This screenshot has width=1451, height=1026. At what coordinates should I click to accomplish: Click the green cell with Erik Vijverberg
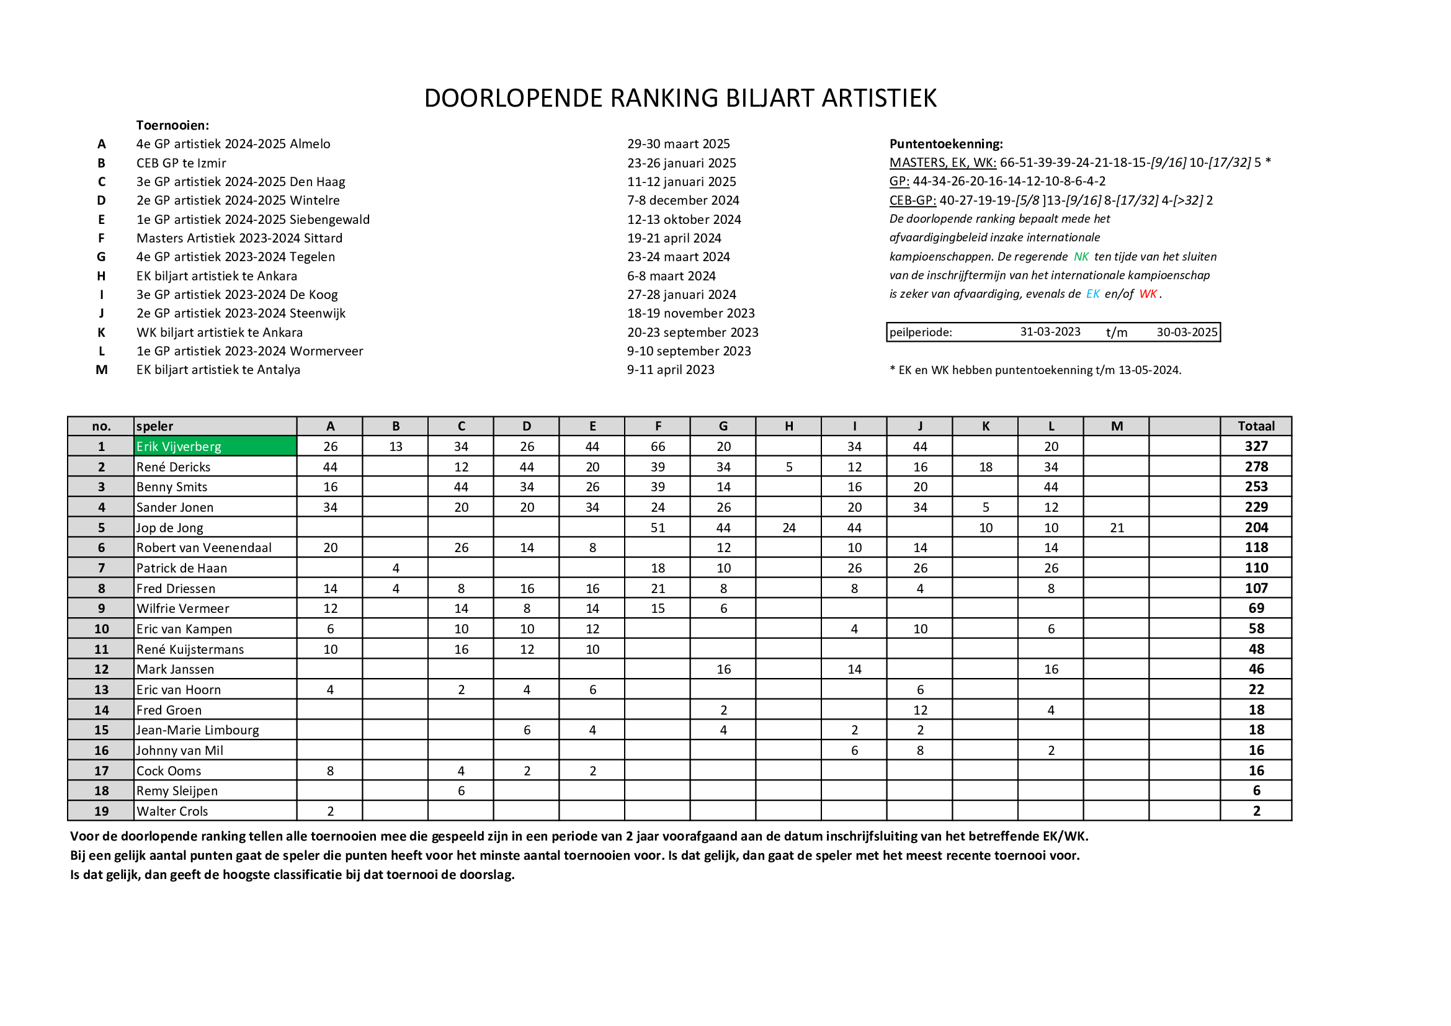(x=215, y=446)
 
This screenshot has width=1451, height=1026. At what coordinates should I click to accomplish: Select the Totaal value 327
(x=1256, y=446)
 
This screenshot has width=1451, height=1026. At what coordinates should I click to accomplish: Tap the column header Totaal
(x=1256, y=426)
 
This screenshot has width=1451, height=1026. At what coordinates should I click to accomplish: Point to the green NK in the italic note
(x=1081, y=257)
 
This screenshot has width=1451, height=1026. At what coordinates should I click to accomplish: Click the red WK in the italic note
(x=1148, y=294)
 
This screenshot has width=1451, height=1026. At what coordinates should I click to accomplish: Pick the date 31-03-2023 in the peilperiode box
(x=1050, y=332)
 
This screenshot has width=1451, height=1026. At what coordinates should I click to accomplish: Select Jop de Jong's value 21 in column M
(x=1117, y=527)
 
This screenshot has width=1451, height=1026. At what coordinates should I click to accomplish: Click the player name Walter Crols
(x=172, y=811)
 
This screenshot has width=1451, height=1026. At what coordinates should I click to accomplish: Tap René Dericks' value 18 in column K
(x=985, y=467)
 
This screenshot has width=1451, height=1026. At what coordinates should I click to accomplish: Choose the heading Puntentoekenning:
(x=946, y=144)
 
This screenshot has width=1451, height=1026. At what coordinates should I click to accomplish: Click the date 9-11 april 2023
(x=671, y=370)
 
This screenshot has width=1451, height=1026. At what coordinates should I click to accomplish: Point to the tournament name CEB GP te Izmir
(x=181, y=163)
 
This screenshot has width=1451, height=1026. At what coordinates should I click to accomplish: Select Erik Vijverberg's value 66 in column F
(x=657, y=446)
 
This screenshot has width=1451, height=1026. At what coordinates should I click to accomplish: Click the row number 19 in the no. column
(x=101, y=811)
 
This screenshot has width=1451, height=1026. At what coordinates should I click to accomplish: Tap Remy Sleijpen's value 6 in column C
(x=461, y=790)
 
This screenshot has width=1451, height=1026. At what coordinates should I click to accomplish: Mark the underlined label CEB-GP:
(x=912, y=200)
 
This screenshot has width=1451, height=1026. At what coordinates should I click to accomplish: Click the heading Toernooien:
(x=172, y=125)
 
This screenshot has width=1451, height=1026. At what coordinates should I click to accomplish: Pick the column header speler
(x=155, y=426)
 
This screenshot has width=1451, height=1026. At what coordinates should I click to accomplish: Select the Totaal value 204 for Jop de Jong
(x=1256, y=527)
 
